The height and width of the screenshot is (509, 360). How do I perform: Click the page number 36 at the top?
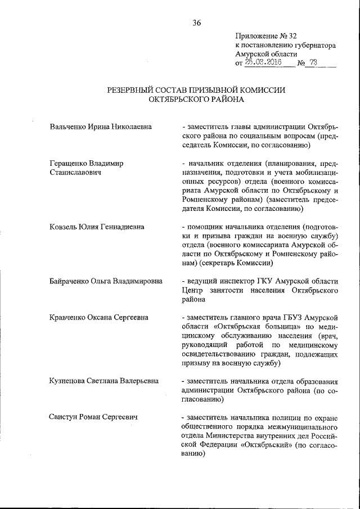tap(197, 23)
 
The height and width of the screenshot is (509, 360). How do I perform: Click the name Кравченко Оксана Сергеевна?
tap(99, 317)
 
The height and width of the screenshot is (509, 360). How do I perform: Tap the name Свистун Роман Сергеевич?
tap(94, 417)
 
